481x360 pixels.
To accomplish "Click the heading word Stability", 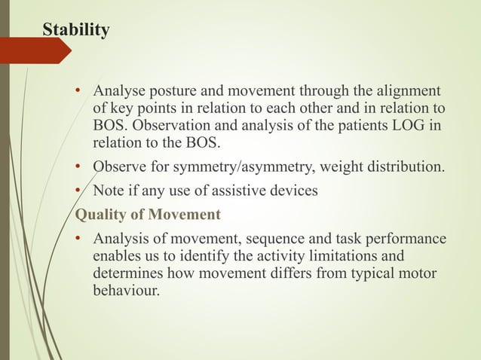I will (75, 30).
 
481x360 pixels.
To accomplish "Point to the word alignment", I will (408, 92).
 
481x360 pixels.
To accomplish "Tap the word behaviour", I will (126, 290).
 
